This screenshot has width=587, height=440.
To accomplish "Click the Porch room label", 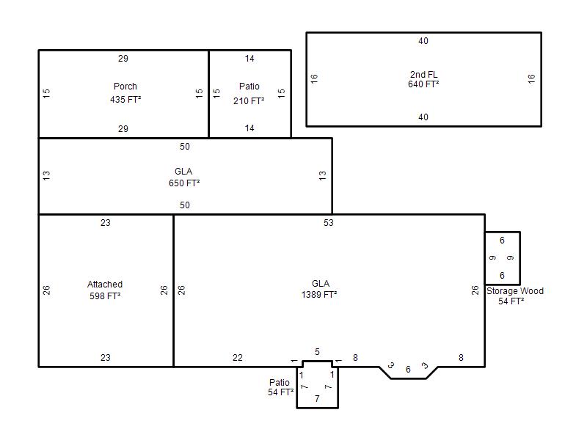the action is [125, 87].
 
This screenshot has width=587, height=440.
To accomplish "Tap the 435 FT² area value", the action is [125, 100].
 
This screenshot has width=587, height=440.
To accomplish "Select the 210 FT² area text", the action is [249, 101].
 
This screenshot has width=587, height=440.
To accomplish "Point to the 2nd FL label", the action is [423, 75].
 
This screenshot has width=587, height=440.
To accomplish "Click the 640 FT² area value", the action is [423, 84].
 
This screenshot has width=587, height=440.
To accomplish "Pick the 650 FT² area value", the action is [184, 183].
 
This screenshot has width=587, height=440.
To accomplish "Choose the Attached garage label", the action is [105, 285].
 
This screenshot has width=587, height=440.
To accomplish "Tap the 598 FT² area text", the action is [105, 296].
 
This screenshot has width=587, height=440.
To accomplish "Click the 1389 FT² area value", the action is [319, 295].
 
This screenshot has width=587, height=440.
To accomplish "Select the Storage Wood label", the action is [515, 290].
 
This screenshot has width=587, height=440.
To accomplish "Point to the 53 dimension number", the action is [328, 223].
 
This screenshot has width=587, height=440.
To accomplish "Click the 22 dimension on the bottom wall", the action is [237, 358].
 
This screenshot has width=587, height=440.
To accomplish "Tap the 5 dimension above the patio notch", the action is [317, 352].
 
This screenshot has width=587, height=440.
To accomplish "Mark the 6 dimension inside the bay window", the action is [408, 370].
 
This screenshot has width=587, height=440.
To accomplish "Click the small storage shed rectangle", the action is [503, 258].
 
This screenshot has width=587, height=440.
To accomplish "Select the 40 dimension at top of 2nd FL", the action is [423, 41].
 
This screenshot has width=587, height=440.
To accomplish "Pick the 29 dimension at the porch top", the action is [123, 59].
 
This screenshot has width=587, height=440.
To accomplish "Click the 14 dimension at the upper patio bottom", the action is [249, 128].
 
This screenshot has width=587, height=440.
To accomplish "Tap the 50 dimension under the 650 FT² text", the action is [185, 205].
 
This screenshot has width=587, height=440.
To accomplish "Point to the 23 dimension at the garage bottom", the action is [105, 358].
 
